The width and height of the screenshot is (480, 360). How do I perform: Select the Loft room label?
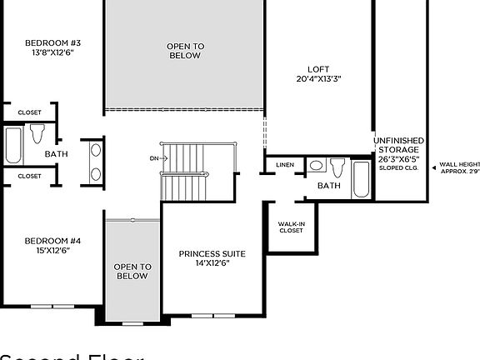pos(318,69)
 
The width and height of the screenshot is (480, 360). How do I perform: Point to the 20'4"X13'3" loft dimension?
pos(318,79)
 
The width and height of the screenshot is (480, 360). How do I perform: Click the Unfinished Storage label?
pos(398,145)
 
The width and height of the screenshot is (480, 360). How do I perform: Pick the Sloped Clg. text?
pos(398,167)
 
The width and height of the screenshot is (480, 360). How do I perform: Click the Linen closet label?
pos(285,165)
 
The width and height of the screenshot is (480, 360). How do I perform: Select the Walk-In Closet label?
pos(291,227)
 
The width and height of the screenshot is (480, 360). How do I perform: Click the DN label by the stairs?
pos(154,157)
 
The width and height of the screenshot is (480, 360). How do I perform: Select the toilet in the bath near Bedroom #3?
pos(37,132)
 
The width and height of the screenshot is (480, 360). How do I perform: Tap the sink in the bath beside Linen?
pos(317,165)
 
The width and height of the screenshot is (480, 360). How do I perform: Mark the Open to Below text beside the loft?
pos(185,51)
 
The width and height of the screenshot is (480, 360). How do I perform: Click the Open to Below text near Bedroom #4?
pos(132,271)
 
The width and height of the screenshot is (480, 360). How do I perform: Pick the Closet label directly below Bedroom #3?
pos(29,112)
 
